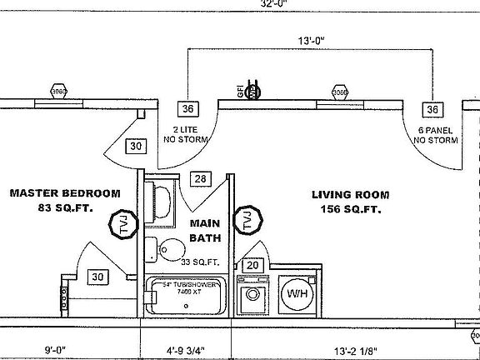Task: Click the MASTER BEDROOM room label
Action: pos(64,193)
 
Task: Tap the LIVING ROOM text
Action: pos(351,195)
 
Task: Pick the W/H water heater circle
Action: pos(297,294)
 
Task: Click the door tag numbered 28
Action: pos(200,178)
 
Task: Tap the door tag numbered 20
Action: pos(252,265)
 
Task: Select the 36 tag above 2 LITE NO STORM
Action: pos(188,109)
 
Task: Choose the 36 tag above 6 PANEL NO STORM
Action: pos(432,109)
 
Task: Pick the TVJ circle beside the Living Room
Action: pos(247,221)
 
